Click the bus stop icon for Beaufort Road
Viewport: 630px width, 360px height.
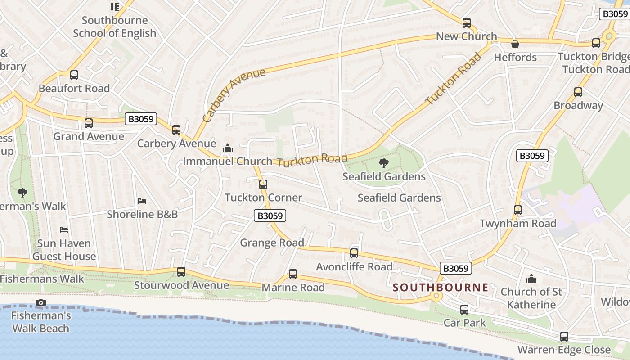(74, 75)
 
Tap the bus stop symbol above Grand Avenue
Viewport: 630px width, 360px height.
(89, 123)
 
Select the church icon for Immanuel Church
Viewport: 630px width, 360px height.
(228, 148)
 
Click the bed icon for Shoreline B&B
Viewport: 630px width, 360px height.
(142, 201)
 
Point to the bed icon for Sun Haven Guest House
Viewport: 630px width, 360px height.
(64, 230)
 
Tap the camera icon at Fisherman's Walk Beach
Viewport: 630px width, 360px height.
(41, 302)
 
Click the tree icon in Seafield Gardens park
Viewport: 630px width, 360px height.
(384, 163)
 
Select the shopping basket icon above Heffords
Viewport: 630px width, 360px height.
(515, 44)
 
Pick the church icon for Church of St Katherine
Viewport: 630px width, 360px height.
(531, 279)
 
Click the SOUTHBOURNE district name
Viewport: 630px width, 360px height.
(441, 287)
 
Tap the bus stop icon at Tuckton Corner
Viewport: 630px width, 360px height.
(263, 184)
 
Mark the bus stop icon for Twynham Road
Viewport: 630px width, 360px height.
(518, 210)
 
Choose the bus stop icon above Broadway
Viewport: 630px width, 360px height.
(578, 92)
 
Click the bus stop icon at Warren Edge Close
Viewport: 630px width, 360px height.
(564, 337)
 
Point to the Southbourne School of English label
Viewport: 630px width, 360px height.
(114, 27)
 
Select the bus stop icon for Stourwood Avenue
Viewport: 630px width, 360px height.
(181, 272)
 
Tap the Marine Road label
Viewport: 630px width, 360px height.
(293, 287)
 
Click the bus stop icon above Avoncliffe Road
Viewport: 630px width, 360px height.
(354, 253)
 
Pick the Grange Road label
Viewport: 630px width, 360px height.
(272, 243)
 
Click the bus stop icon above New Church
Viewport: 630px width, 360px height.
(467, 23)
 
